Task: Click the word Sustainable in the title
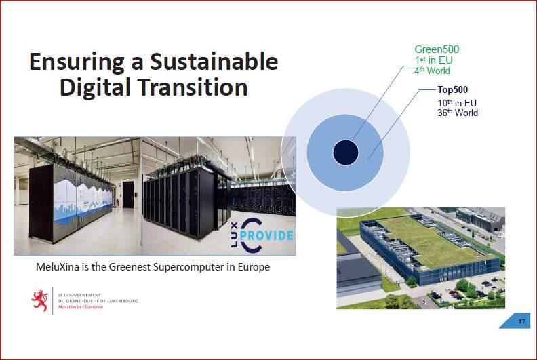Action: [214, 62]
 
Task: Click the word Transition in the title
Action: [193, 87]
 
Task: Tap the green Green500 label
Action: [437, 49]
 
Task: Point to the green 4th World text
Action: [432, 71]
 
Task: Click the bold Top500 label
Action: [453, 89]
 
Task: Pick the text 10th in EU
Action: [457, 103]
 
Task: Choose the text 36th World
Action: [458, 113]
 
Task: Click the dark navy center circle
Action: [346, 153]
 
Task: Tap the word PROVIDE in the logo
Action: [266, 235]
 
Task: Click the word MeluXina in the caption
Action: [58, 267]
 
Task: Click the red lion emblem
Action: [40, 301]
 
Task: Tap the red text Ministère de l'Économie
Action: [81, 307]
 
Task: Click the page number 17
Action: [521, 321]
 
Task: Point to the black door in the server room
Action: [128, 195]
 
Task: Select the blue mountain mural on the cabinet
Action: [82, 201]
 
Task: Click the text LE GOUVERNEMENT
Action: [79, 295]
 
